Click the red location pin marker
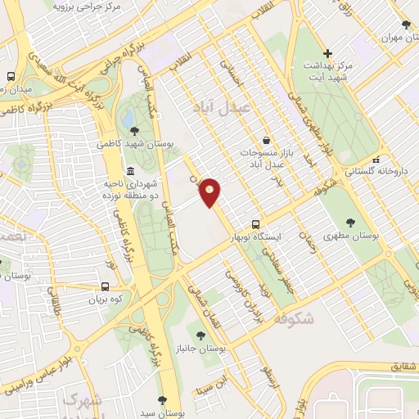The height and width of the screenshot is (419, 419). click(x=210, y=191)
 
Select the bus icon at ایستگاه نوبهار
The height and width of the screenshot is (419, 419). click(x=256, y=223)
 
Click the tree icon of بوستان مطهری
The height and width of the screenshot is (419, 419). click(x=351, y=222)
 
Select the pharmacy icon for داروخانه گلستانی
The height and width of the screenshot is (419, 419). click(x=376, y=159)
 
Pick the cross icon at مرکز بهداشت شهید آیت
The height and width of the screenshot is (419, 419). click(x=327, y=52)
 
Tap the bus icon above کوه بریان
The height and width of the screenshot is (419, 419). click(x=105, y=286)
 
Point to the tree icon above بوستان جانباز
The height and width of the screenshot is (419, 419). click(x=200, y=336)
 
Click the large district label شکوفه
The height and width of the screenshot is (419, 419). click(x=295, y=318)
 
